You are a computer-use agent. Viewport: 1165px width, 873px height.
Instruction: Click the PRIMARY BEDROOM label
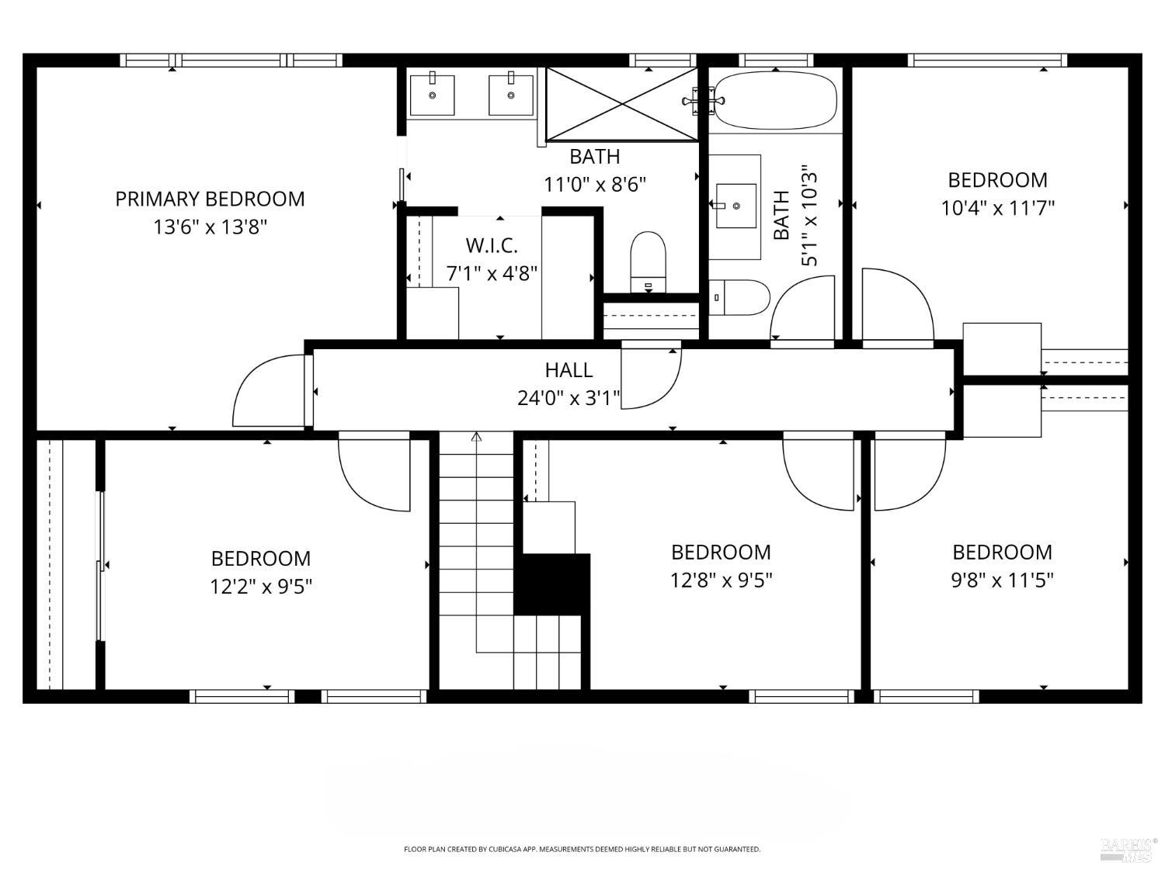210,199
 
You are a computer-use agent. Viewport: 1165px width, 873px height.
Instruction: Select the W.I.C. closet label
491,245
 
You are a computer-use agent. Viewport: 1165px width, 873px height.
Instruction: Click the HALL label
569,370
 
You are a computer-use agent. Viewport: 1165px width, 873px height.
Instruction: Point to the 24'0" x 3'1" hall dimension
569,398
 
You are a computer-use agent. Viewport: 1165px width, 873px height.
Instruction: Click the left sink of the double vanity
432,95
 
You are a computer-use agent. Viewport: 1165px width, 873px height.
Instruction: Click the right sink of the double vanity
511,95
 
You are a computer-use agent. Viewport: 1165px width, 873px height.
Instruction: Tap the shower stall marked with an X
621,104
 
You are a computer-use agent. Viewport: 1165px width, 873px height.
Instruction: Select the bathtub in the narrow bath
775,100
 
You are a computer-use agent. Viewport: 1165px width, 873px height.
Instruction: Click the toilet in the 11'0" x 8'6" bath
649,261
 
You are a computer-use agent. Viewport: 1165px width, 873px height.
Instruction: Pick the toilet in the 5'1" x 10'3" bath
741,297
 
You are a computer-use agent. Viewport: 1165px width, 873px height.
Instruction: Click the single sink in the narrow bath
735,206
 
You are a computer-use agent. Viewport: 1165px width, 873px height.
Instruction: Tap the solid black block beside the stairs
552,584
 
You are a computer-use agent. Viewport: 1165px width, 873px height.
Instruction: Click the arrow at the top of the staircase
476,438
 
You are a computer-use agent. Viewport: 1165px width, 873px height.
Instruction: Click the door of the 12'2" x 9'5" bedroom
374,473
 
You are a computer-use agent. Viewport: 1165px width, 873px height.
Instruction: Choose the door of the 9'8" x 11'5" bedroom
909,473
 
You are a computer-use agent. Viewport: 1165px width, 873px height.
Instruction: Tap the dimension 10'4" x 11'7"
997,208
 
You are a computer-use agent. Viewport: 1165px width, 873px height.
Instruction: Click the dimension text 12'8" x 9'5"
721,580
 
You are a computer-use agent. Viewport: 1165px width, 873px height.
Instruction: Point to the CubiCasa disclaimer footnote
582,849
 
